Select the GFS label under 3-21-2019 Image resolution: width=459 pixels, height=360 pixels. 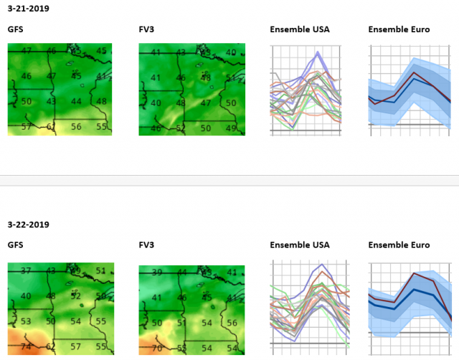click(15, 29)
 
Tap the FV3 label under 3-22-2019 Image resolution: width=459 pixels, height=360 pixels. click(146, 245)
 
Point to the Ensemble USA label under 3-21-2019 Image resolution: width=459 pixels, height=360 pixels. click(299, 29)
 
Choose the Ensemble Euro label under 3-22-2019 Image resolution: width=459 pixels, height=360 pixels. click(399, 245)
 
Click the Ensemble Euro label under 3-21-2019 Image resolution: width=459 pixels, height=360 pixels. click(399, 29)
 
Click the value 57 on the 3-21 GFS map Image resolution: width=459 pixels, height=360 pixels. click(27, 127)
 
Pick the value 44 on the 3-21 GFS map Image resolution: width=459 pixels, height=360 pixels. click(76, 102)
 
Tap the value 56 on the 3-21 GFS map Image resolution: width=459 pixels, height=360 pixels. click(76, 127)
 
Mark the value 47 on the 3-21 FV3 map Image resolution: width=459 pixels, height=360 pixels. click(206, 103)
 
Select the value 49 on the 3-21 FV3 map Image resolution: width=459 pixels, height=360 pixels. click(230, 128)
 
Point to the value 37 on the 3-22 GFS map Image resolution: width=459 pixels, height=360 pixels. click(27, 271)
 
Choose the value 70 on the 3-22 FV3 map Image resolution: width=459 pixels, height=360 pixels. click(156, 348)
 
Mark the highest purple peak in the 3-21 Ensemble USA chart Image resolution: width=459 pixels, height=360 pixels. click(316, 52)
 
